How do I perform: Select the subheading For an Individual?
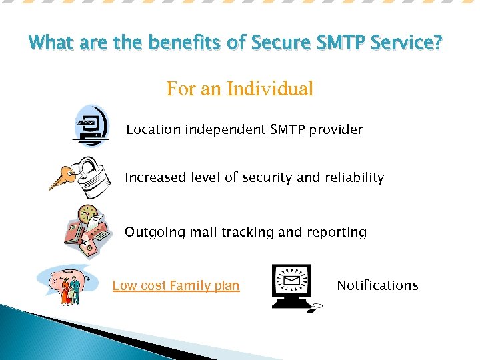coord(239,89)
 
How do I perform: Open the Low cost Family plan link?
coord(175,286)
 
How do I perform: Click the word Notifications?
coord(377,285)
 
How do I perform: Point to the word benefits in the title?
coord(179,44)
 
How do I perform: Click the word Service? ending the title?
coord(409,44)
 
